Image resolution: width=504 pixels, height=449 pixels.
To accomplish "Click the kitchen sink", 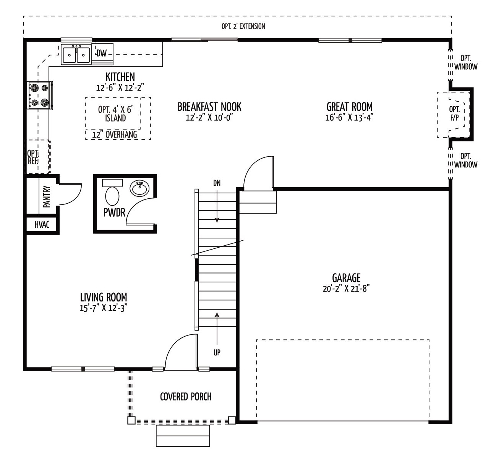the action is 76,55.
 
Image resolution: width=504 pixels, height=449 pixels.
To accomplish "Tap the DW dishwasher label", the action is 102,53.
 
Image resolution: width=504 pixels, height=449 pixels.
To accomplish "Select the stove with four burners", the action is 40,95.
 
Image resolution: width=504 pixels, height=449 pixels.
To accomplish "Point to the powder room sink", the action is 139,188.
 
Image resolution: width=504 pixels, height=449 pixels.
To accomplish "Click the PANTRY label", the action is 47,196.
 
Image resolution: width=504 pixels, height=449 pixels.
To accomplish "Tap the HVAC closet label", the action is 42,225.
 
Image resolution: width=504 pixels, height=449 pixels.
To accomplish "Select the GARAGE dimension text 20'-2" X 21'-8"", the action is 346,289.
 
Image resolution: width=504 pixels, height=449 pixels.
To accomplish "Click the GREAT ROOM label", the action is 350,107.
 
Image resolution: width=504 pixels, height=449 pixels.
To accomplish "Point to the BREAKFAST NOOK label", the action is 209,107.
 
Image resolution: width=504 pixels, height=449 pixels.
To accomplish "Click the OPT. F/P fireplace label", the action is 454,113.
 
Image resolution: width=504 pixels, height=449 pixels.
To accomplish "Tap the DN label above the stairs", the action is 217,183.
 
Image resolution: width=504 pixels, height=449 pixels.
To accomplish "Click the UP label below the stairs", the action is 217,352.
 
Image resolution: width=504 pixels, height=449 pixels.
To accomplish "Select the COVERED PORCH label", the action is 186,397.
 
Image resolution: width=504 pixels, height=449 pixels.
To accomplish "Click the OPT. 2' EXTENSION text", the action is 243,26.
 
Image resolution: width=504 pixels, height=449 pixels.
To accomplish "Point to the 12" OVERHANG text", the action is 114,135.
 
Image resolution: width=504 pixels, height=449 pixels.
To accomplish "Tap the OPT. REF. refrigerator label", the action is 32,157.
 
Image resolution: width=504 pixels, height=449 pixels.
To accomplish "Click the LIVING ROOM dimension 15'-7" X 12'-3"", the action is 104,308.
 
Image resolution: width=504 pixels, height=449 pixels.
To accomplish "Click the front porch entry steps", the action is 183,436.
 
